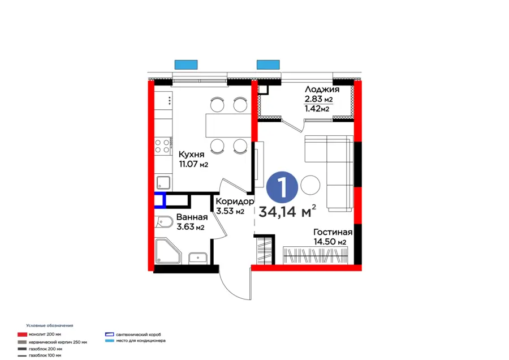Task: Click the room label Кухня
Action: pyautogui.click(x=192, y=155)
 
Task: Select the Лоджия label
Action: pyautogui.click(x=322, y=89)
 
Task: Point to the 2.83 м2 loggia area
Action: pyautogui.click(x=318, y=100)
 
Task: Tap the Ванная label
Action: pyautogui.click(x=192, y=217)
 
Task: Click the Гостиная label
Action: pyautogui.click(x=334, y=232)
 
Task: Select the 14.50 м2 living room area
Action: pyautogui.click(x=330, y=242)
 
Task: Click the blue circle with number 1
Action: pyautogui.click(x=281, y=186)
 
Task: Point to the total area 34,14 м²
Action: pyautogui.click(x=287, y=212)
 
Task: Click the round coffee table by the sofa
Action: pyautogui.click(x=310, y=185)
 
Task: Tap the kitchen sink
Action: pyautogui.click(x=163, y=182)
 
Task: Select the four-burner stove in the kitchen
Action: pyautogui.click(x=163, y=145)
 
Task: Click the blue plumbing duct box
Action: pyautogui.click(x=160, y=200)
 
